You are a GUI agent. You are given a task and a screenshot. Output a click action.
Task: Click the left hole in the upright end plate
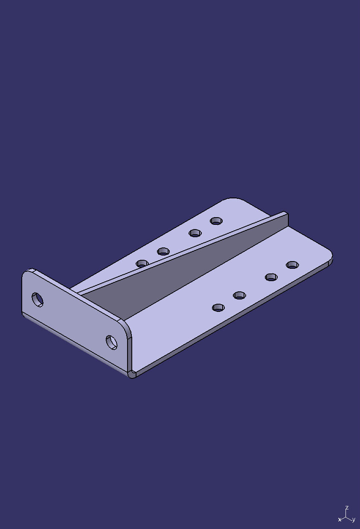point(38,299)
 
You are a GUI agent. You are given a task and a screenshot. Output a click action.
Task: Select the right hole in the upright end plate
point(112,342)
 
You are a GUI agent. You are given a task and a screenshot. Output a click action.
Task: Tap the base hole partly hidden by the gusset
point(142,263)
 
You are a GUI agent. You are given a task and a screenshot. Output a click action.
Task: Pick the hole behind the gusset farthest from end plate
point(216,221)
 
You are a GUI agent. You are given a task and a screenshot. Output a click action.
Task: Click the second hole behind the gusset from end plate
point(163,251)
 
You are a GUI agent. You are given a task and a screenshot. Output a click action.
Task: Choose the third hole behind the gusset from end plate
point(195,233)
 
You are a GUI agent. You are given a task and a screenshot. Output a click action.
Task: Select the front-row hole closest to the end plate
point(218,307)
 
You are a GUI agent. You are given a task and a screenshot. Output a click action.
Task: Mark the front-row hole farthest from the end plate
point(292,264)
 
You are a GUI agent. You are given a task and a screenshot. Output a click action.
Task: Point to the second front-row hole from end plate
point(239,295)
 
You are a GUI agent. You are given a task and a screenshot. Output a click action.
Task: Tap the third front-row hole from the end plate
point(271,277)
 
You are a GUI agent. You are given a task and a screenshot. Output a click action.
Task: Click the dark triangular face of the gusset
point(188,273)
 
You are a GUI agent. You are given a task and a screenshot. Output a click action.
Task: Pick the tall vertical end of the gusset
point(285,219)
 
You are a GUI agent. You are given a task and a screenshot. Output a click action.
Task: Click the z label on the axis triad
point(347,508)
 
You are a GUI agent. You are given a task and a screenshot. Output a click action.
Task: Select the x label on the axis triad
point(340,520)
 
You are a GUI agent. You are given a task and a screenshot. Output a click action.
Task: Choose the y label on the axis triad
point(354,520)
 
